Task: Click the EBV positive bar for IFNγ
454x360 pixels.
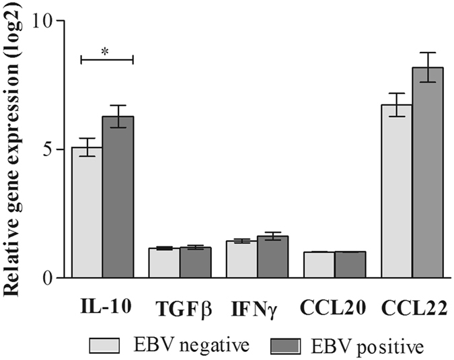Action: pyautogui.click(x=272, y=256)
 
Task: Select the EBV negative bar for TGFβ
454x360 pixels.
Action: pyautogui.click(x=164, y=262)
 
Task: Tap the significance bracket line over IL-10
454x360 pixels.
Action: pyautogui.click(x=106, y=60)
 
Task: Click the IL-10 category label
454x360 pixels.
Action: pyautogui.click(x=104, y=305)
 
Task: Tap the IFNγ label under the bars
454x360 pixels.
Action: pyautogui.click(x=256, y=308)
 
